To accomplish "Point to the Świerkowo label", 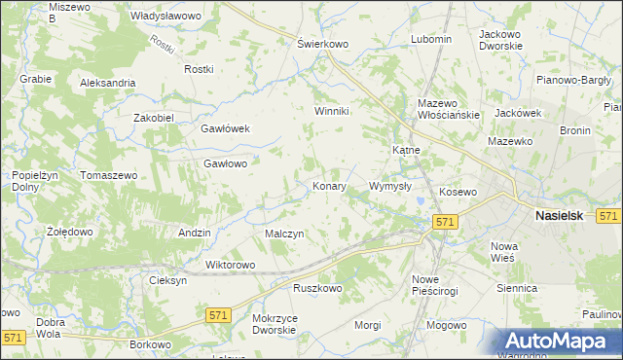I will [322, 44].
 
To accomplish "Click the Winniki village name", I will [331, 111].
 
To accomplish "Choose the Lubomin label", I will [431, 39].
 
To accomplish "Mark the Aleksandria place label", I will [108, 84].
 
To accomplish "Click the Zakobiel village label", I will [153, 118].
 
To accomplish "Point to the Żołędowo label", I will [69, 233].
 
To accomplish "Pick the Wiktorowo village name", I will [230, 265].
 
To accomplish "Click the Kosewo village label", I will [458, 193].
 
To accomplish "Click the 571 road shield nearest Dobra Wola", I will [13, 337].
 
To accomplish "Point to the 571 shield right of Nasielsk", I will [609, 216].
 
